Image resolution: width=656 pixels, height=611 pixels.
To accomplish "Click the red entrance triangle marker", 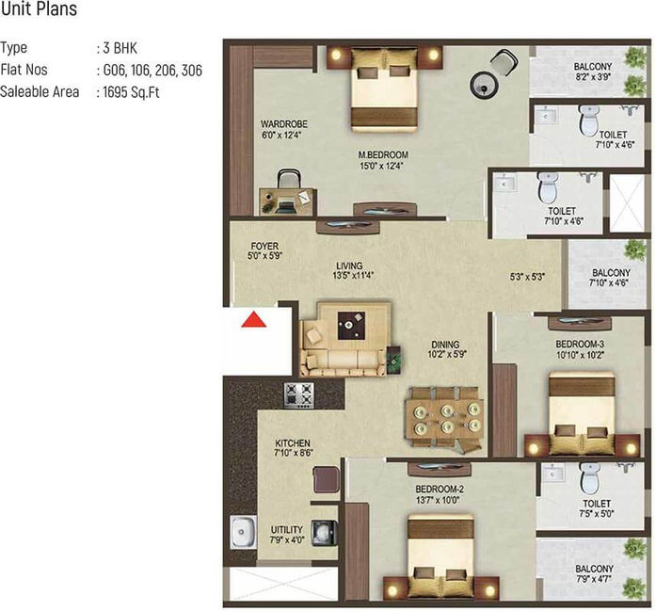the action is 253,319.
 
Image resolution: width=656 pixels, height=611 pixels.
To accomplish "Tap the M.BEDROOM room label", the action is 383,154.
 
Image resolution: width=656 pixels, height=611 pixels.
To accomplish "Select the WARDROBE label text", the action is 284,124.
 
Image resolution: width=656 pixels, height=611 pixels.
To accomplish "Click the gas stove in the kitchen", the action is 298,395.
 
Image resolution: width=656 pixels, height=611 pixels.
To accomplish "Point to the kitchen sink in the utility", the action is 243,532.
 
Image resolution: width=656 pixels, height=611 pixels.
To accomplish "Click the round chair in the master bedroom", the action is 484,85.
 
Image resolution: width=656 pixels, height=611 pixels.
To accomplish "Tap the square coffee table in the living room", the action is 351,326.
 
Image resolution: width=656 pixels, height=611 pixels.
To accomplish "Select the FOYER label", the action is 264,246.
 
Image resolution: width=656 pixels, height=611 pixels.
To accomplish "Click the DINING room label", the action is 445,345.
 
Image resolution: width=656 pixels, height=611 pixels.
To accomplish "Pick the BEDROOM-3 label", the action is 580,344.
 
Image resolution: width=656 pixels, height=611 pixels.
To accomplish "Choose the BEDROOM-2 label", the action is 440,489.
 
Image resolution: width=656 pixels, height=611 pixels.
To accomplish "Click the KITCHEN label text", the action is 293,442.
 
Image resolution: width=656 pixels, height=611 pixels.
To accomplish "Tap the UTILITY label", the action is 286,529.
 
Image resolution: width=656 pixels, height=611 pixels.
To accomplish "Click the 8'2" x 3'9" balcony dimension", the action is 593,77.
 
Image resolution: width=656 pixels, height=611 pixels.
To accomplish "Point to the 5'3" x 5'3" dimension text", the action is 527,277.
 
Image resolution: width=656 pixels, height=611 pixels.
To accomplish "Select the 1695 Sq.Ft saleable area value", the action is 132,91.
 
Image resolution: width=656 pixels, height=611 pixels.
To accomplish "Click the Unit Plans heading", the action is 39,9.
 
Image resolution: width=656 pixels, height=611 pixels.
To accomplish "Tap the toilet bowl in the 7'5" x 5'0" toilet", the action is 590,477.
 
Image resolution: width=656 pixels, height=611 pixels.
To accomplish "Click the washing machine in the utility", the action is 324,533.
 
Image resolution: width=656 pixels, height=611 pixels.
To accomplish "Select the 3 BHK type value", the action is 120,48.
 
